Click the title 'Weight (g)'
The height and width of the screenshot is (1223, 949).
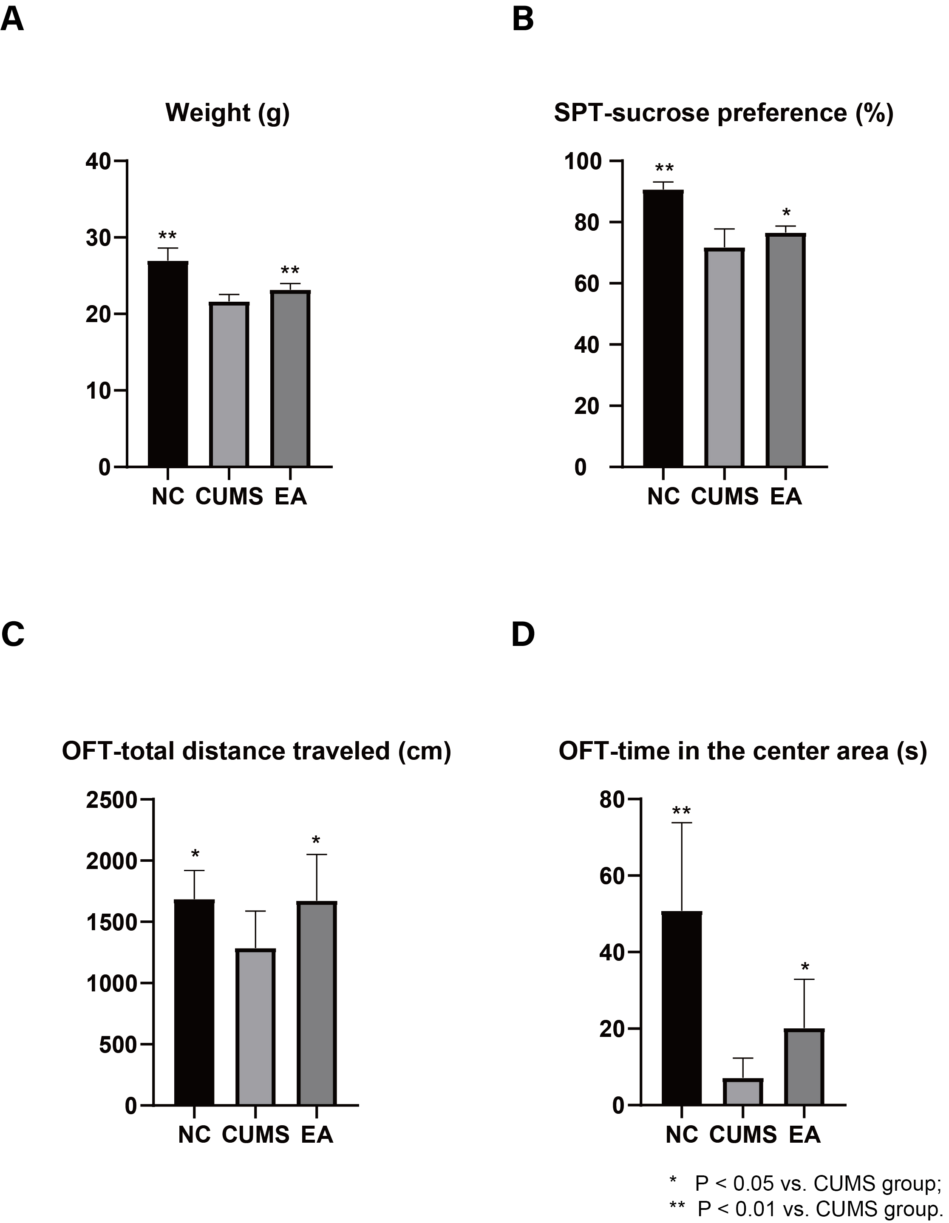227,113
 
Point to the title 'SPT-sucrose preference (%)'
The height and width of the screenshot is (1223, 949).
723,113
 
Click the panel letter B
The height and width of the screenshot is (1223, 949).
522,20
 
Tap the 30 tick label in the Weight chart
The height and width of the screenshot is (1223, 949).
99,238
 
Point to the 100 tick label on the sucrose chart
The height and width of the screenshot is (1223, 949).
582,161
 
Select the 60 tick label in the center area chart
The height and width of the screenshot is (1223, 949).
612,876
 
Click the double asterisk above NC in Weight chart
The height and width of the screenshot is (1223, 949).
167,236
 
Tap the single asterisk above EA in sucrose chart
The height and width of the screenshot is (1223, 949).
786,213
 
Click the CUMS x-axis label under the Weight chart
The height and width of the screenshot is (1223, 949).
229,497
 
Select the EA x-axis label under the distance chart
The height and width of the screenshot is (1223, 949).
317,1135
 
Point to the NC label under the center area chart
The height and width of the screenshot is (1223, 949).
681,1135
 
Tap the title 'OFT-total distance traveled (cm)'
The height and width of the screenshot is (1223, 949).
256,751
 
